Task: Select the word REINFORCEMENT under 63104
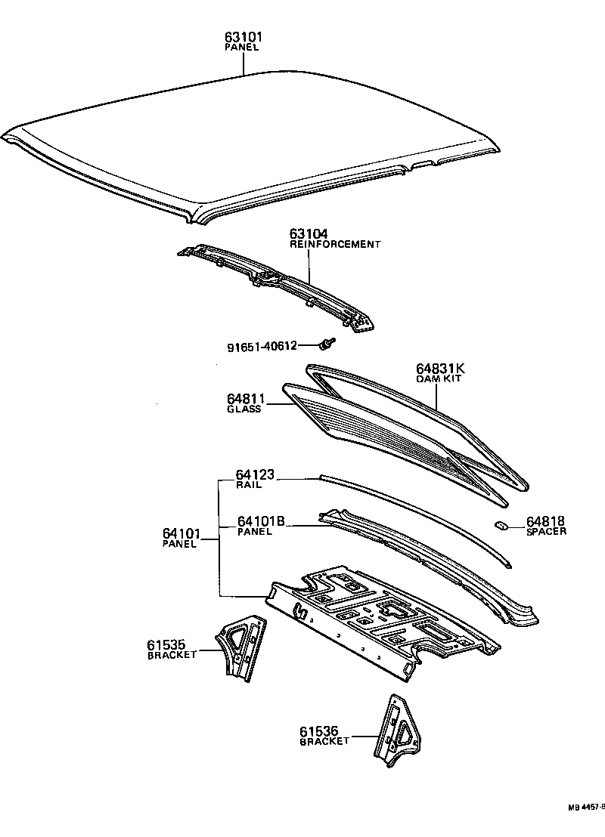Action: [335, 245]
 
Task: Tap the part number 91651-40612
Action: [261, 347]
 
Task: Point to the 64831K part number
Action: [439, 369]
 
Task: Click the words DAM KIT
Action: [439, 378]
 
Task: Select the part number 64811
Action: [244, 399]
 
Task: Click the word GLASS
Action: [244, 409]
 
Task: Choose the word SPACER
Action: [546, 532]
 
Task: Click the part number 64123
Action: [255, 475]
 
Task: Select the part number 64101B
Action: [261, 521]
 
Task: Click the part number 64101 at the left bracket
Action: [180, 533]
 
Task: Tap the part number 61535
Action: [166, 644]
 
